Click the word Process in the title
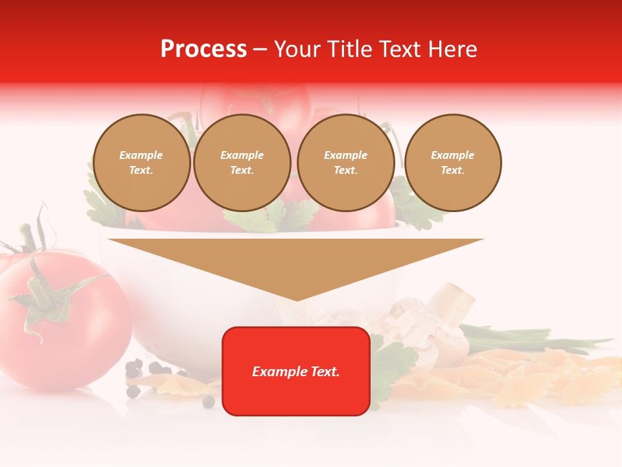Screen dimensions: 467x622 pos(203,49)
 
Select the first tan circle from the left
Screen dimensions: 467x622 pos(141,163)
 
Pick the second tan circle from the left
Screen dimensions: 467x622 pos(242,163)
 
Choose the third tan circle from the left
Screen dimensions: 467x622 pos(345,163)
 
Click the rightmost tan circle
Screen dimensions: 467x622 pos(452,163)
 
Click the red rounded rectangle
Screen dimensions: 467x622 pos(296,396)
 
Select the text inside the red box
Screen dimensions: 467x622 pos(296,372)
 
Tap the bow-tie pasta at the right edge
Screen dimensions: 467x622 pos(583,376)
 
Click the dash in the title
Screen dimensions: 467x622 pos(260,49)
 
